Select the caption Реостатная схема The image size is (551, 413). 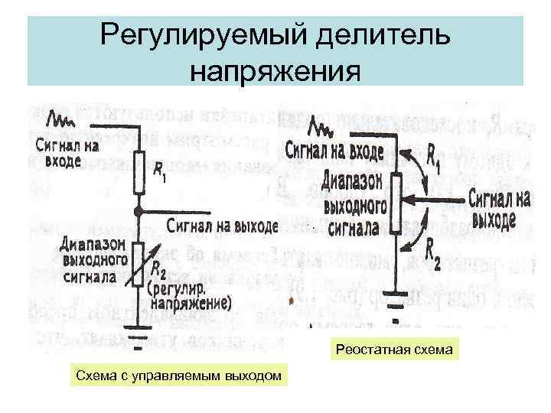point(393,350)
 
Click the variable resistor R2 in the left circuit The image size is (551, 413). point(137,264)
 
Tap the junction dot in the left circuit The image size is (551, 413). point(137,210)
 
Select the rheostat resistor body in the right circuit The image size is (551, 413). point(396,201)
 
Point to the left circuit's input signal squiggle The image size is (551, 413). point(60,119)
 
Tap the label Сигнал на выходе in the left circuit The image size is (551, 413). point(222,226)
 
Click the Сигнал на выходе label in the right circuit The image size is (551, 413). point(500,208)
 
